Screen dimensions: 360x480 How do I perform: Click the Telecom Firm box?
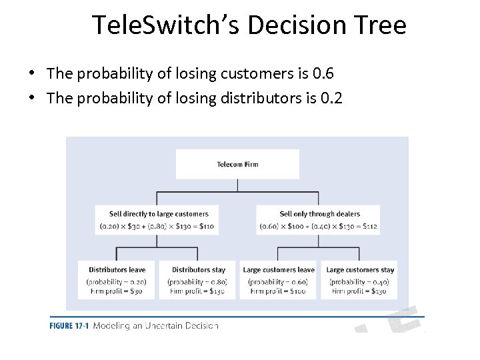point(237,164)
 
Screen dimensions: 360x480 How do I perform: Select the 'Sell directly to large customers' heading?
point(159,214)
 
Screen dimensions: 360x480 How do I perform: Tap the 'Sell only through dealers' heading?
point(319,214)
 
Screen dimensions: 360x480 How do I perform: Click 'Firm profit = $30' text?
point(117,291)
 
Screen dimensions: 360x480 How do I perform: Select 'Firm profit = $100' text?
point(279,291)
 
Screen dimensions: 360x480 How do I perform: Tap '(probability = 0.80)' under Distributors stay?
point(198,281)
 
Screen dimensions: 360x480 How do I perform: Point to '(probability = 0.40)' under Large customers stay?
point(360,281)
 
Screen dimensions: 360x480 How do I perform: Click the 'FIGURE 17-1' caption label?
point(69,326)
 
